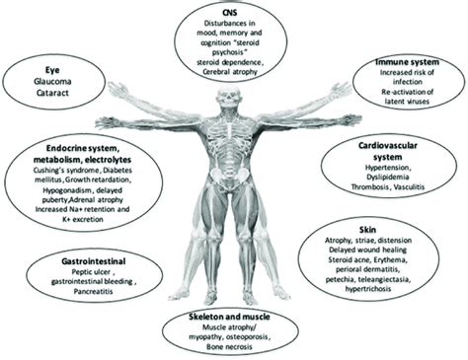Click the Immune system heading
point(408,63)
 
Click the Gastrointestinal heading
point(81,265)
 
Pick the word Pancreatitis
point(83,295)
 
